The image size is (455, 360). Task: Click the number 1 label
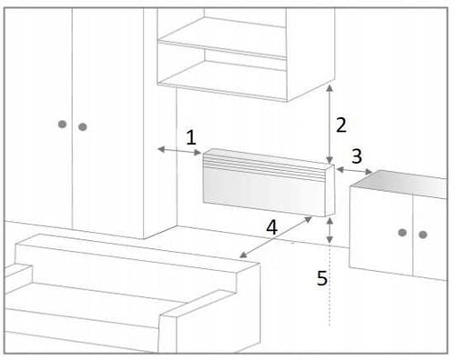pos(191,137)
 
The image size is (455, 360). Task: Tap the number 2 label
pos(341,125)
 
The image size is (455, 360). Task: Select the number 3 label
pos(357,156)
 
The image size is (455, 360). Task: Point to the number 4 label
pos(271,227)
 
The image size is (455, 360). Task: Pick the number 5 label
pos(322,278)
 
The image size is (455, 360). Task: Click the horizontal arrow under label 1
pos(179,151)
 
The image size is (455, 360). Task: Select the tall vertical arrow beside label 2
pos(330,125)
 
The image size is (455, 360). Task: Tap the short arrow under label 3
pos(354,171)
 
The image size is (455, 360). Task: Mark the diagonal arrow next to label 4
pos(276,237)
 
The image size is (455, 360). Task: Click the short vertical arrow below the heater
pos(330,230)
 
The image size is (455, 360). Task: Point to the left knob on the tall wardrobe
pos(62,125)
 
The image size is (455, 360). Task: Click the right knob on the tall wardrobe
pos(83,126)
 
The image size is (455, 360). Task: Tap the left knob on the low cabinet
pos(402,233)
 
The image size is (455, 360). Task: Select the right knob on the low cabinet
pos(423,235)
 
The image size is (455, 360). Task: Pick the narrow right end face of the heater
pos(329,191)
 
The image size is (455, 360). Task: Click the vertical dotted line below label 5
pos(329,285)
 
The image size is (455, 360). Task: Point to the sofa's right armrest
pos(209,321)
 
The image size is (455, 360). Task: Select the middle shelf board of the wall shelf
pos(222,49)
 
